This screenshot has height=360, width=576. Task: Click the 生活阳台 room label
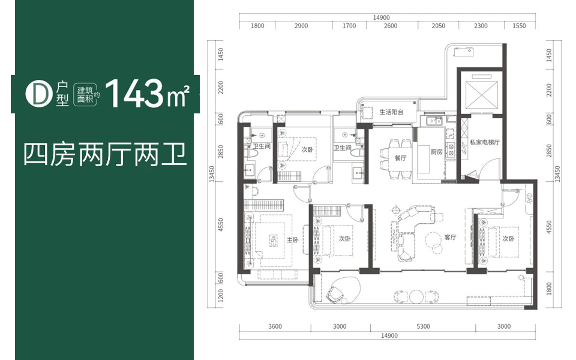[x=391, y=112]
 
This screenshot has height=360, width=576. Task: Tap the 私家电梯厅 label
[x=485, y=142]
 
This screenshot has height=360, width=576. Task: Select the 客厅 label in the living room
[x=450, y=238]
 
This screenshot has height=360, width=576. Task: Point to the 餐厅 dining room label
[x=400, y=158]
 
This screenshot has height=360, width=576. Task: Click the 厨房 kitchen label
[x=436, y=152]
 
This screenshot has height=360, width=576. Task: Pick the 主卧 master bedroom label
[x=292, y=240]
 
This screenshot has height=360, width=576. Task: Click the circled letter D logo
[x=38, y=94]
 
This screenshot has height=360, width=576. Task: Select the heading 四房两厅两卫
[x=106, y=155]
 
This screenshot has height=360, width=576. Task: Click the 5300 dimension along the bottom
[x=423, y=326]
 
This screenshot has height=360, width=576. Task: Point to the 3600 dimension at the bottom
[x=275, y=326]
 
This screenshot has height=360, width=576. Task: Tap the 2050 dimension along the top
[x=438, y=26]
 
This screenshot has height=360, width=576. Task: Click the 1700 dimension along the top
[x=349, y=26]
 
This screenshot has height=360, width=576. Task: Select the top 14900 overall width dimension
[x=381, y=17]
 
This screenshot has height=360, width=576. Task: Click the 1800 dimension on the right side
[x=549, y=289]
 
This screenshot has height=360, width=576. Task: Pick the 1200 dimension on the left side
[x=220, y=295]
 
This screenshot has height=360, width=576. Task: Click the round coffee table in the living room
[x=433, y=239]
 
